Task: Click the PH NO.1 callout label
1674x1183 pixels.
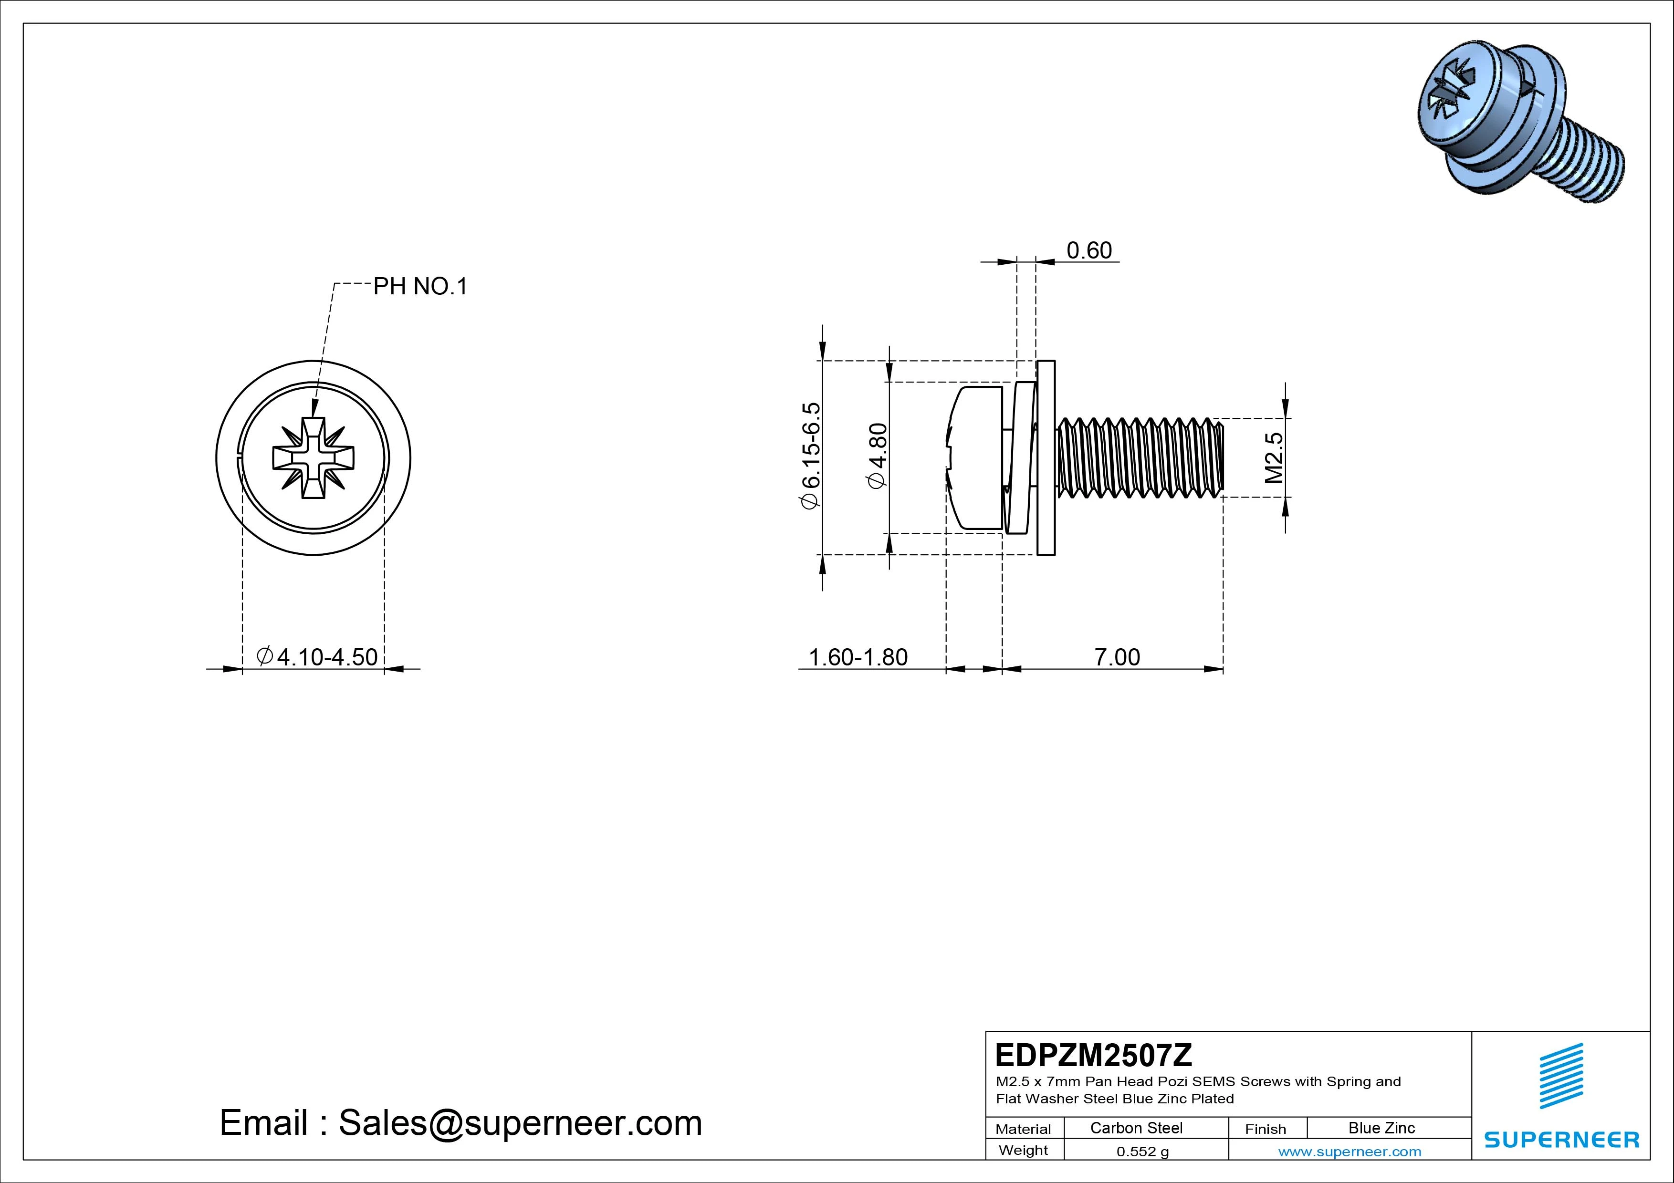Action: pyautogui.click(x=420, y=287)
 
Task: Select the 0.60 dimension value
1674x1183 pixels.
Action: pyautogui.click(x=1089, y=251)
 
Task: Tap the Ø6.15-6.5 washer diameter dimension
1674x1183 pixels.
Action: pyautogui.click(x=811, y=456)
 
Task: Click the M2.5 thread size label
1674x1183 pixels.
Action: pyautogui.click(x=1273, y=458)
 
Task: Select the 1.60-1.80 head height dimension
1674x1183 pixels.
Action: pyautogui.click(x=858, y=657)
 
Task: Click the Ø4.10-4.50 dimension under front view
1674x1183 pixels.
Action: pyautogui.click(x=318, y=657)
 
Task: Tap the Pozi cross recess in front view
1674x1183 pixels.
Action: pyautogui.click(x=313, y=458)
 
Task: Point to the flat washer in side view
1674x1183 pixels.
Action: pyautogui.click(x=1046, y=458)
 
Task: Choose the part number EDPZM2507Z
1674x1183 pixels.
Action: pyautogui.click(x=1093, y=1055)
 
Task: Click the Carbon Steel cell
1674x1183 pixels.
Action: pyautogui.click(x=1136, y=1128)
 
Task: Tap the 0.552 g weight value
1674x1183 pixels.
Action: pyautogui.click(x=1142, y=1152)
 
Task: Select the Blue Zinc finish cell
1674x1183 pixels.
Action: pyautogui.click(x=1381, y=1128)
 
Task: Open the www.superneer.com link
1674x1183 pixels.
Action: pyautogui.click(x=1350, y=1152)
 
